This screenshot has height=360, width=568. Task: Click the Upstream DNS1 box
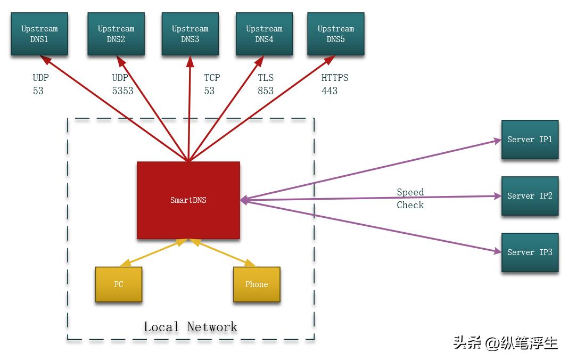click(39, 34)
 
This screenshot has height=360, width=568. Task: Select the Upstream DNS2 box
click(116, 34)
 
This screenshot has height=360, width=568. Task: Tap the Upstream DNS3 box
click(190, 34)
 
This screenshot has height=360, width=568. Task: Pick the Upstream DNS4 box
click(264, 34)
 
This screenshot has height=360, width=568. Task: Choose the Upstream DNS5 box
click(335, 34)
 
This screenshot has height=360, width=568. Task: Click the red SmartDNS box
click(188, 200)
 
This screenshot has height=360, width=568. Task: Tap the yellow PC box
click(118, 284)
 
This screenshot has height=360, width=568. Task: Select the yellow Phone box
click(257, 284)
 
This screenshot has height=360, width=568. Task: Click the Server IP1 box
click(530, 140)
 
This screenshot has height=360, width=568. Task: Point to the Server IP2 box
click(530, 196)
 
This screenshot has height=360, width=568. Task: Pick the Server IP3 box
click(530, 252)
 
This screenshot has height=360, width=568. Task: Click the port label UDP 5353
click(122, 84)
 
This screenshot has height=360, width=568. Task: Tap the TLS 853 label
click(266, 84)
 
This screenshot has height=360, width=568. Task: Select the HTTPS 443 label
click(334, 84)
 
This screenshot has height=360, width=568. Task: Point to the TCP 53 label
click(211, 84)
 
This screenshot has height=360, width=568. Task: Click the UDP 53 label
click(40, 84)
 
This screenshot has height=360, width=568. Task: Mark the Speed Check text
click(410, 199)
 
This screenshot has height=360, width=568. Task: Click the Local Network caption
click(190, 326)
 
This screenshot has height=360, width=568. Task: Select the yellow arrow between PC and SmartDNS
click(153, 252)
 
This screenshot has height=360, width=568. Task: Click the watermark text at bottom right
click(505, 342)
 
